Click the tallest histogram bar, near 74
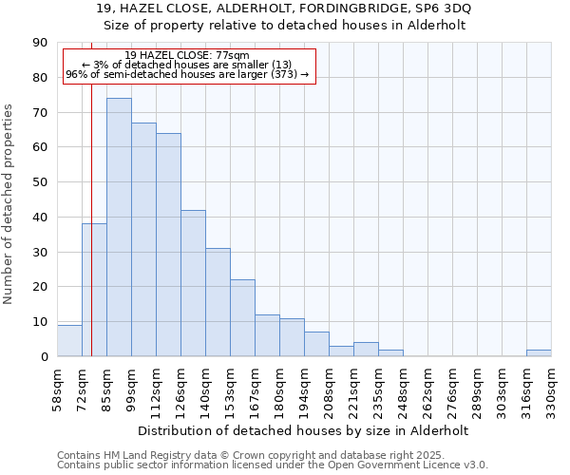(x=119, y=228)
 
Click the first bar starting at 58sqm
(x=69, y=341)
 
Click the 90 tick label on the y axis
(x=40, y=43)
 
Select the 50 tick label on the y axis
(x=40, y=182)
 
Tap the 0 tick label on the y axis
(x=44, y=356)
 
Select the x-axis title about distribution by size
(x=304, y=430)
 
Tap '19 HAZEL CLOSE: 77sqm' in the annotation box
(x=187, y=56)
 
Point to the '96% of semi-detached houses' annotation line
(x=187, y=74)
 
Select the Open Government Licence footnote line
(x=273, y=465)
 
